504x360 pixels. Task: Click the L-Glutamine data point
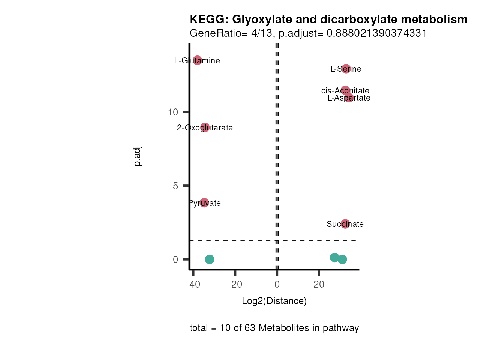point(198,60)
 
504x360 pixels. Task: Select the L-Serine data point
point(346,69)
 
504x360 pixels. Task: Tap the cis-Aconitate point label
point(345,91)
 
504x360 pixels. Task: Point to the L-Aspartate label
point(349,98)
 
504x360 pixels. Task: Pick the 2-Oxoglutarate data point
point(205,127)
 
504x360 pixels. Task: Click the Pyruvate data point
point(204,203)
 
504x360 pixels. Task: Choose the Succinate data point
point(345,224)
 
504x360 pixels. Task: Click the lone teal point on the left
point(210,259)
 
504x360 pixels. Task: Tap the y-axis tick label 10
point(173,112)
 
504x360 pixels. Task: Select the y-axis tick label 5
point(175,186)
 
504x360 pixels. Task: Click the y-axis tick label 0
point(175,259)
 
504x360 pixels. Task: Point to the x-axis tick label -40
point(193,284)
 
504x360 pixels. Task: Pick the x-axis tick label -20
point(235,284)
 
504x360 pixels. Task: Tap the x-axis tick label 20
point(319,284)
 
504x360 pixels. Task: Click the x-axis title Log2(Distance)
point(274,301)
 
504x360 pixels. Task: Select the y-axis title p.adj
point(138,156)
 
